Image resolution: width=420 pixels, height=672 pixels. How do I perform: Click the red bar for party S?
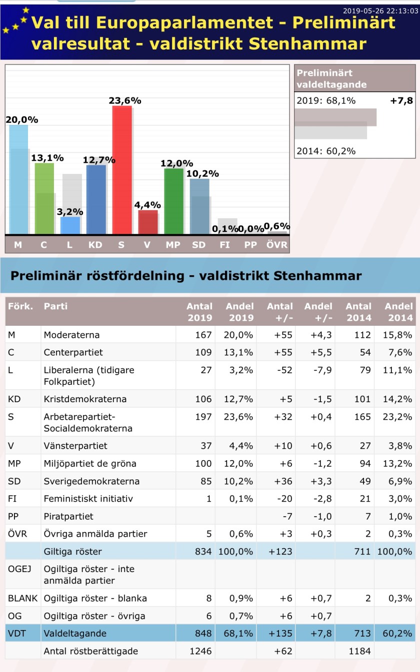pos(122,170)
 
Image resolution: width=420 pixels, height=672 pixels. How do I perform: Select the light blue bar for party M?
pos(18,180)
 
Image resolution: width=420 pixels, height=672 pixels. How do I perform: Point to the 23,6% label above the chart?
pos(125,101)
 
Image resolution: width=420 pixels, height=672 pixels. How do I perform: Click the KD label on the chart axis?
pos(95,245)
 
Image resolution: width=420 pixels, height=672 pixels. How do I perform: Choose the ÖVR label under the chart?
pos(277,245)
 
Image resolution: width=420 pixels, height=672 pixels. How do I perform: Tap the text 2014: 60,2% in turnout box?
pos(326,151)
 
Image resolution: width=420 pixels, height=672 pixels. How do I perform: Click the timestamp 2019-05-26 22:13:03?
pos(380,11)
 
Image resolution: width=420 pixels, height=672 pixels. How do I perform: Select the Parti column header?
pos(55,306)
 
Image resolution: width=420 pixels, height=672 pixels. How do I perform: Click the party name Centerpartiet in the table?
pos(73,352)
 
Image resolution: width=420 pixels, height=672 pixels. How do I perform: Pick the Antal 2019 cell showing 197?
pos(203,417)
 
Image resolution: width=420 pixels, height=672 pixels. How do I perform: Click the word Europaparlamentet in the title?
pos(191,22)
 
